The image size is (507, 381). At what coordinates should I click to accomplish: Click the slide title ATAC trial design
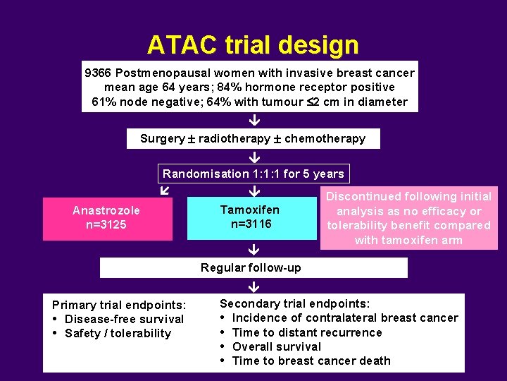(253, 45)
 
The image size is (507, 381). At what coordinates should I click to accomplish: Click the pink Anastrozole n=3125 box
(107, 218)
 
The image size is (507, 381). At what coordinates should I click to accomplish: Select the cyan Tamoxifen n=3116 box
(251, 217)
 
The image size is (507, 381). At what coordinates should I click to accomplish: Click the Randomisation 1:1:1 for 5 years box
(254, 174)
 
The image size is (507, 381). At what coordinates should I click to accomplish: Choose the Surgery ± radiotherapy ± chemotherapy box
(253, 138)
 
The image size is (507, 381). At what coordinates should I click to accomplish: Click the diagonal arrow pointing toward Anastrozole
(164, 190)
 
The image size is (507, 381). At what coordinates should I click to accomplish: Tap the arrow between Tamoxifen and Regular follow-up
(254, 249)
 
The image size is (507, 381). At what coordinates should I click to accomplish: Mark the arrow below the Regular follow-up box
(254, 286)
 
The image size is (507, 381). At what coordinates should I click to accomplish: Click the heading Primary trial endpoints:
(119, 305)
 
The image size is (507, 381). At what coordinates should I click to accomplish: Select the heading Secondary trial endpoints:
(294, 303)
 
